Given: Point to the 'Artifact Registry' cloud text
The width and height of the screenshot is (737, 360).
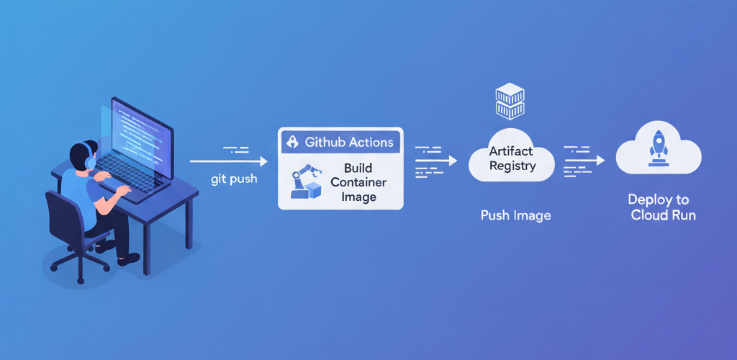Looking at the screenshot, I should pos(512,158).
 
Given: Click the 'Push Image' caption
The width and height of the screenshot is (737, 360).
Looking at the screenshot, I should pos(515,215).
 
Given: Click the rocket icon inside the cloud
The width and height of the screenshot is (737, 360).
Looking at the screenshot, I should pos(658,147).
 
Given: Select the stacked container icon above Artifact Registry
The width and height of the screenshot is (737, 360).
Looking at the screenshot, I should pos(510,101).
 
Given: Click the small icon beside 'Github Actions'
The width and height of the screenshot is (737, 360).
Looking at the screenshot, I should pos(292,142).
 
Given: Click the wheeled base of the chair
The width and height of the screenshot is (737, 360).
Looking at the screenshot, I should pos(79,263).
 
